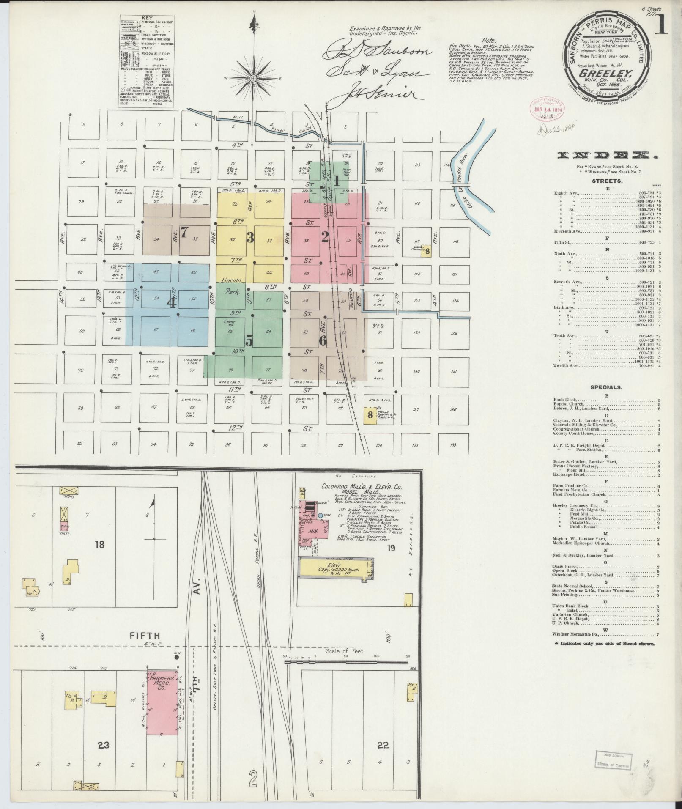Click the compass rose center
(253, 78)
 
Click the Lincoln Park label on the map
(231, 285)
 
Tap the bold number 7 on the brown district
(184, 232)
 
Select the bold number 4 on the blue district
(172, 303)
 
